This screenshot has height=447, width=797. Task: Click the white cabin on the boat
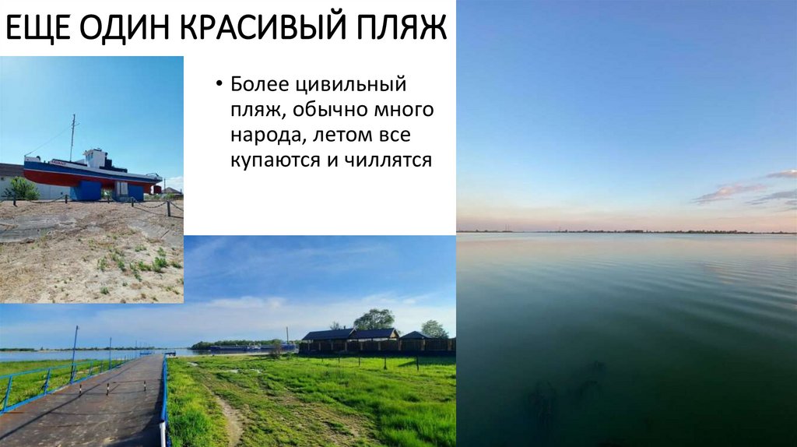pyautogui.click(x=96, y=160)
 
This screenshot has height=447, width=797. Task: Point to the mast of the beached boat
pyautogui.click(x=72, y=136)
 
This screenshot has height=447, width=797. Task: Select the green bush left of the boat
pyautogui.click(x=21, y=188)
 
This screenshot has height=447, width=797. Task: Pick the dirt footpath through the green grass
pyautogui.click(x=231, y=421)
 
